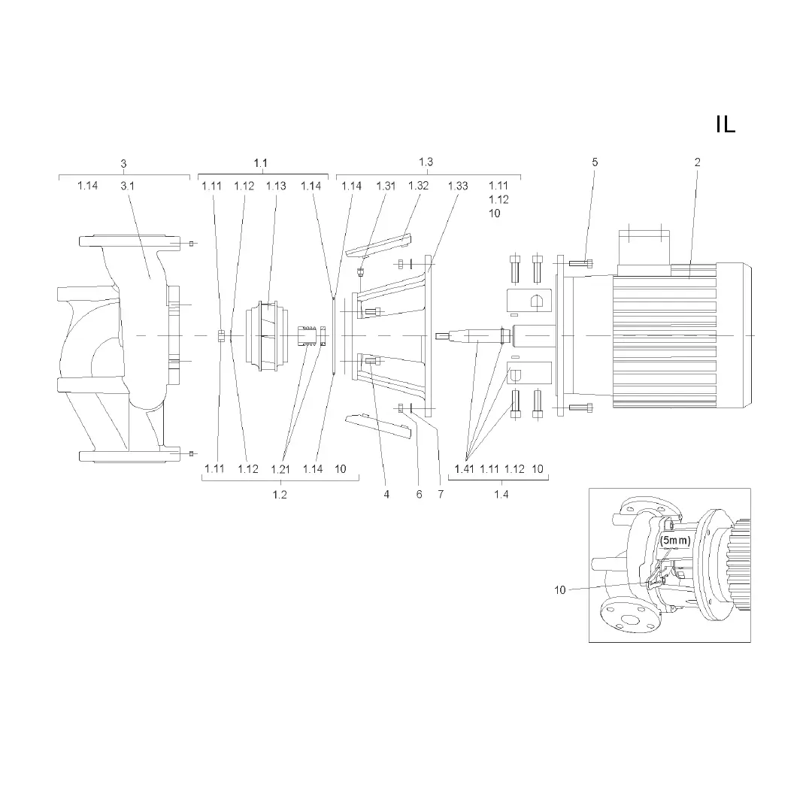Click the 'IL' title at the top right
click(x=726, y=124)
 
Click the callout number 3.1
click(x=127, y=186)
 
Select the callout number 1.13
click(x=276, y=186)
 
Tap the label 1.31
click(x=386, y=186)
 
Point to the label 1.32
click(x=419, y=186)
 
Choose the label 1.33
click(x=458, y=186)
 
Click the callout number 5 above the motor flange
click(x=595, y=162)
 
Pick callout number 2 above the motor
click(x=698, y=162)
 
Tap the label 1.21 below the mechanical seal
click(x=280, y=469)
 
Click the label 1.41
click(x=464, y=468)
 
